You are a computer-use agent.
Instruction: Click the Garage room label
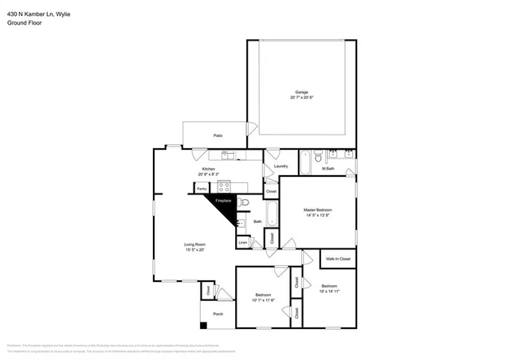point(301,92)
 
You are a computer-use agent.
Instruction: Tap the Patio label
point(218,135)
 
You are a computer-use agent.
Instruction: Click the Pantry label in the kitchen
point(202,188)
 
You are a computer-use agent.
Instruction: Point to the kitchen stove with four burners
point(225,188)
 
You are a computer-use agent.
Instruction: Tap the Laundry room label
point(280,166)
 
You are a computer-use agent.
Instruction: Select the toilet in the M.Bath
point(316,156)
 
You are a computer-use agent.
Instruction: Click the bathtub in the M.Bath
point(304,163)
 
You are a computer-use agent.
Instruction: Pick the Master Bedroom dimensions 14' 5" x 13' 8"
point(316,215)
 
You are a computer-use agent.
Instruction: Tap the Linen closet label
point(242,241)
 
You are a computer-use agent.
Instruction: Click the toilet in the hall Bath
point(243,202)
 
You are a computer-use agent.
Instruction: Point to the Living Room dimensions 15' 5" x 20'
point(195,250)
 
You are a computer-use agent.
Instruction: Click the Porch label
point(218,313)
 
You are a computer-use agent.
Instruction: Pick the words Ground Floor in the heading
point(24,23)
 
